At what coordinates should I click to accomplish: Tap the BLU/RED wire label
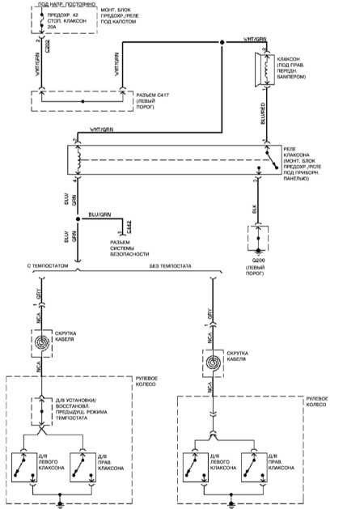tap(264, 114)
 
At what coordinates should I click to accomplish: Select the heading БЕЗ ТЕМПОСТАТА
tap(170, 265)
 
